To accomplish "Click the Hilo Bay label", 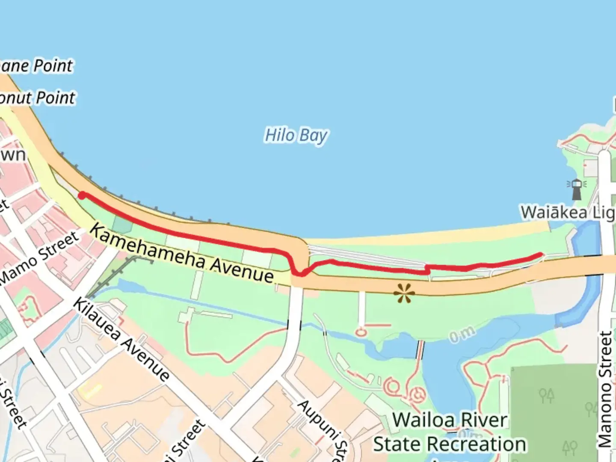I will pos(296,136).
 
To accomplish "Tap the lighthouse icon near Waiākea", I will pos(577,189).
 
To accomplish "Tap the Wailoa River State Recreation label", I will pos(450,432).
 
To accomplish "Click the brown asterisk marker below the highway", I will pos(404,293).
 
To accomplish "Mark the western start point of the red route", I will pos(82,195).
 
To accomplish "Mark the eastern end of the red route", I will pos(541,255).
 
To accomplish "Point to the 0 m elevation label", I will pos(462,334).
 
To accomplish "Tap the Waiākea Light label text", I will pos(567,212).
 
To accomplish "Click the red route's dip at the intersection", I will pos(299,272).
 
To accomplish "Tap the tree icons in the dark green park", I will pos(546,396).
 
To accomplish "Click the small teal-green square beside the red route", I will pos(123,225).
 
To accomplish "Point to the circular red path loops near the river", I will pos(404,389).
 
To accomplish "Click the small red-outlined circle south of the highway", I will pos(361,332).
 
